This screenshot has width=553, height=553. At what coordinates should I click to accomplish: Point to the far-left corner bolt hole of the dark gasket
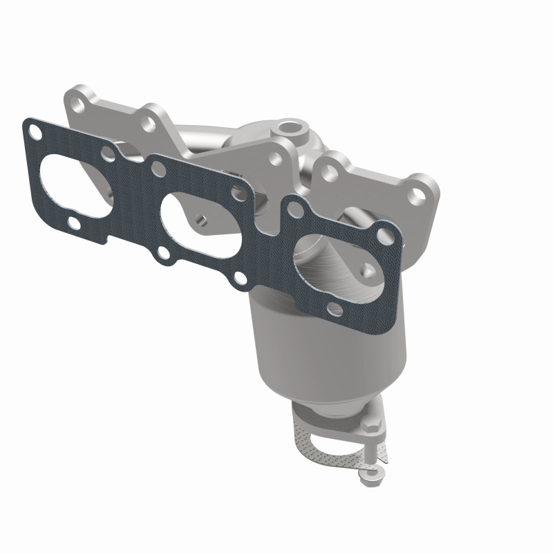click(31, 127)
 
